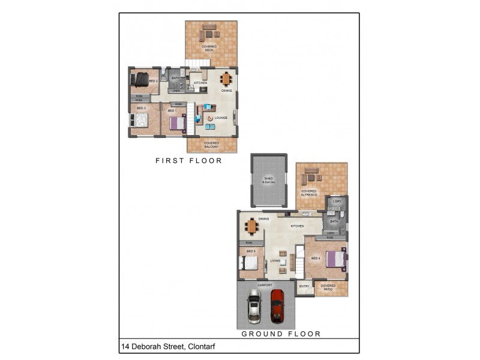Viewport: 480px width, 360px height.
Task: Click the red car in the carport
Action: [x=277, y=305]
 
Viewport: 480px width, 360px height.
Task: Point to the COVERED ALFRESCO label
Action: [x=309, y=193]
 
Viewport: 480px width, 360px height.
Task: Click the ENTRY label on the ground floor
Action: [x=304, y=287]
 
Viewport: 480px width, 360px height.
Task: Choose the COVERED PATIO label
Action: [x=328, y=287]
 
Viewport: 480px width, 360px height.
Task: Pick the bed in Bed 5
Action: [x=250, y=262]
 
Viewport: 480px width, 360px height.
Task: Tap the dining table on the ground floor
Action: [x=251, y=226]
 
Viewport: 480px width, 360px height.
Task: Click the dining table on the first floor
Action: [x=226, y=79]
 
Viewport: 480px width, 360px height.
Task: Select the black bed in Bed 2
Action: [x=140, y=79]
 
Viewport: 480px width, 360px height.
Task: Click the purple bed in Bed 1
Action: [x=177, y=122]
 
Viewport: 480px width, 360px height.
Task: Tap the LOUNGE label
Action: [x=221, y=118]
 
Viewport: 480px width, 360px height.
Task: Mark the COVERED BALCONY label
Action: [x=211, y=145]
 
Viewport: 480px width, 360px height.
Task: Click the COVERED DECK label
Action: [x=209, y=48]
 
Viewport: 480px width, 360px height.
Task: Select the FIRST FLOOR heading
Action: [x=188, y=161]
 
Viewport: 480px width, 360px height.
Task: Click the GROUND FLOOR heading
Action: [x=281, y=334]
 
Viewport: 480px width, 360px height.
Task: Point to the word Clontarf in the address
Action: [x=202, y=346]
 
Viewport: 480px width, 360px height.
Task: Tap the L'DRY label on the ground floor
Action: [x=337, y=201]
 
